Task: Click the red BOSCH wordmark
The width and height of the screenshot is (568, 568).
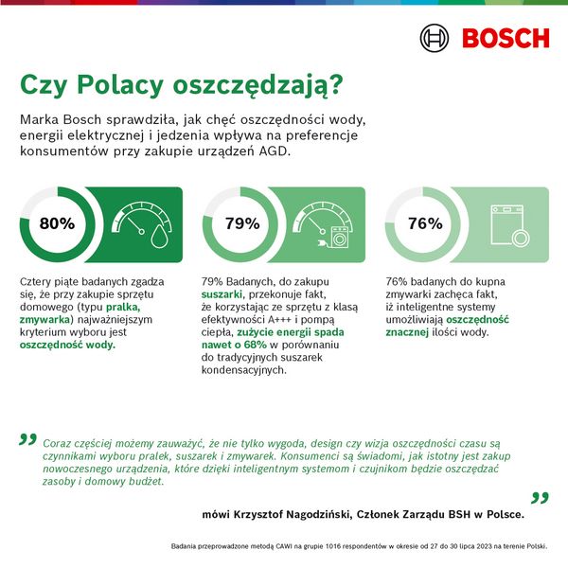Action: pyautogui.click(x=505, y=39)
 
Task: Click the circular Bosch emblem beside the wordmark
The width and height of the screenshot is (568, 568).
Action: pyautogui.click(x=435, y=39)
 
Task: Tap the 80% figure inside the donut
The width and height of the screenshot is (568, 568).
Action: pyautogui.click(x=56, y=224)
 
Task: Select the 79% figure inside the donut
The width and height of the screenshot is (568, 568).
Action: pyautogui.click(x=241, y=224)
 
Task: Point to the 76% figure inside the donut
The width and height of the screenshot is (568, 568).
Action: pyautogui.click(x=425, y=224)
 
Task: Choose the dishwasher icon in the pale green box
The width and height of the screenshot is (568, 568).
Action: pyautogui.click(x=509, y=225)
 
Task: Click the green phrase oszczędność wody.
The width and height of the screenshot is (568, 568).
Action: pyautogui.click(x=66, y=346)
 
